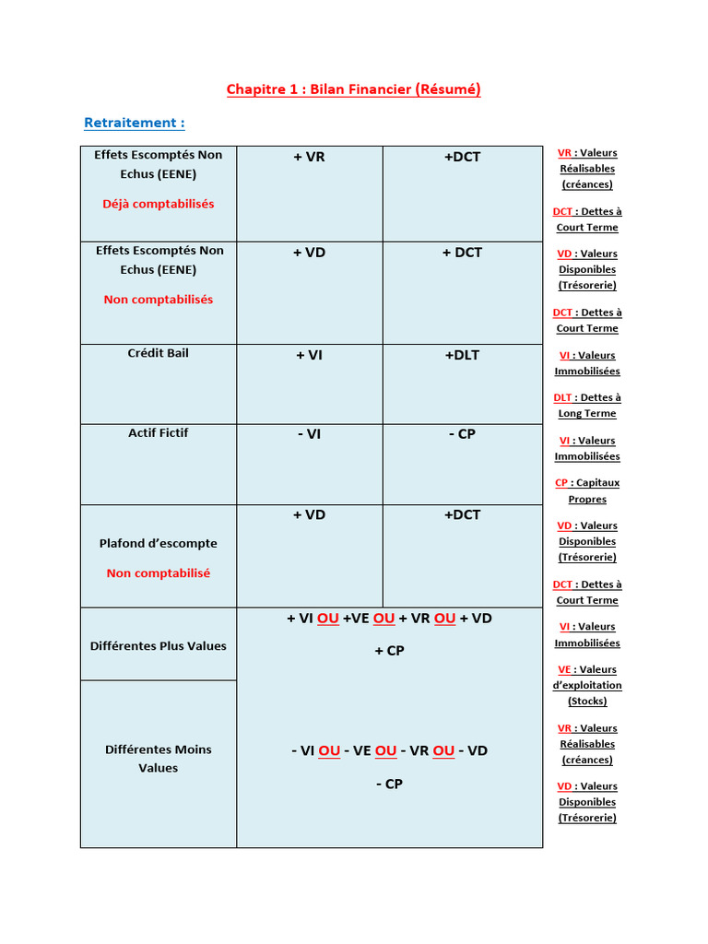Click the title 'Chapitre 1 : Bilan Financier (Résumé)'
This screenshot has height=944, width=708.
pyautogui.click(x=354, y=89)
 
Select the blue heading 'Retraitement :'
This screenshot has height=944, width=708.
pyautogui.click(x=135, y=123)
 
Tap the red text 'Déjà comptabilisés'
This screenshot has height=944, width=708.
pyautogui.click(x=159, y=204)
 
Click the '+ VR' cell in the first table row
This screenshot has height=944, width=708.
pyautogui.click(x=310, y=157)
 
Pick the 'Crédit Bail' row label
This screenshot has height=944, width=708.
pyautogui.click(x=159, y=353)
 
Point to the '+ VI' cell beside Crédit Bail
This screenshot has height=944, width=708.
pyautogui.click(x=310, y=355)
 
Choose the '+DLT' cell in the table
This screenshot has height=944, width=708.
pyautogui.click(x=462, y=355)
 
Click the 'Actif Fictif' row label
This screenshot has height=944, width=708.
pyautogui.click(x=159, y=432)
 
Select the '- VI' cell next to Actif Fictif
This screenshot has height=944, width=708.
pyautogui.click(x=310, y=434)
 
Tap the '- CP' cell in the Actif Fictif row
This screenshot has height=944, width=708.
pyautogui.click(x=462, y=434)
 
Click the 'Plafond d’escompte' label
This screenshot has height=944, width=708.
pyautogui.click(x=159, y=543)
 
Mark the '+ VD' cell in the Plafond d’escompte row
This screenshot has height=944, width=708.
pyautogui.click(x=310, y=515)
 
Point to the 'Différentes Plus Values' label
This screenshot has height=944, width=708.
pyautogui.click(x=159, y=646)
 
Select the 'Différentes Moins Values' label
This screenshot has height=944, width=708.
pyautogui.click(x=159, y=759)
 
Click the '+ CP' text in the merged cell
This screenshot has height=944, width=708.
pyautogui.click(x=390, y=651)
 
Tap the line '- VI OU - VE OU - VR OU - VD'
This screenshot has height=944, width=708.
pyautogui.click(x=390, y=751)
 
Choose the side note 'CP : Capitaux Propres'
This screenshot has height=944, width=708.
pyautogui.click(x=587, y=490)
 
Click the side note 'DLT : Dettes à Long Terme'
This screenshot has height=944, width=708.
pyautogui.click(x=587, y=406)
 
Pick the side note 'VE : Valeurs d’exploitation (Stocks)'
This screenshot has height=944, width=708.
pyautogui.click(x=587, y=685)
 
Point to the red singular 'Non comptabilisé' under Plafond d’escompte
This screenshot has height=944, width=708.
pyautogui.click(x=159, y=573)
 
